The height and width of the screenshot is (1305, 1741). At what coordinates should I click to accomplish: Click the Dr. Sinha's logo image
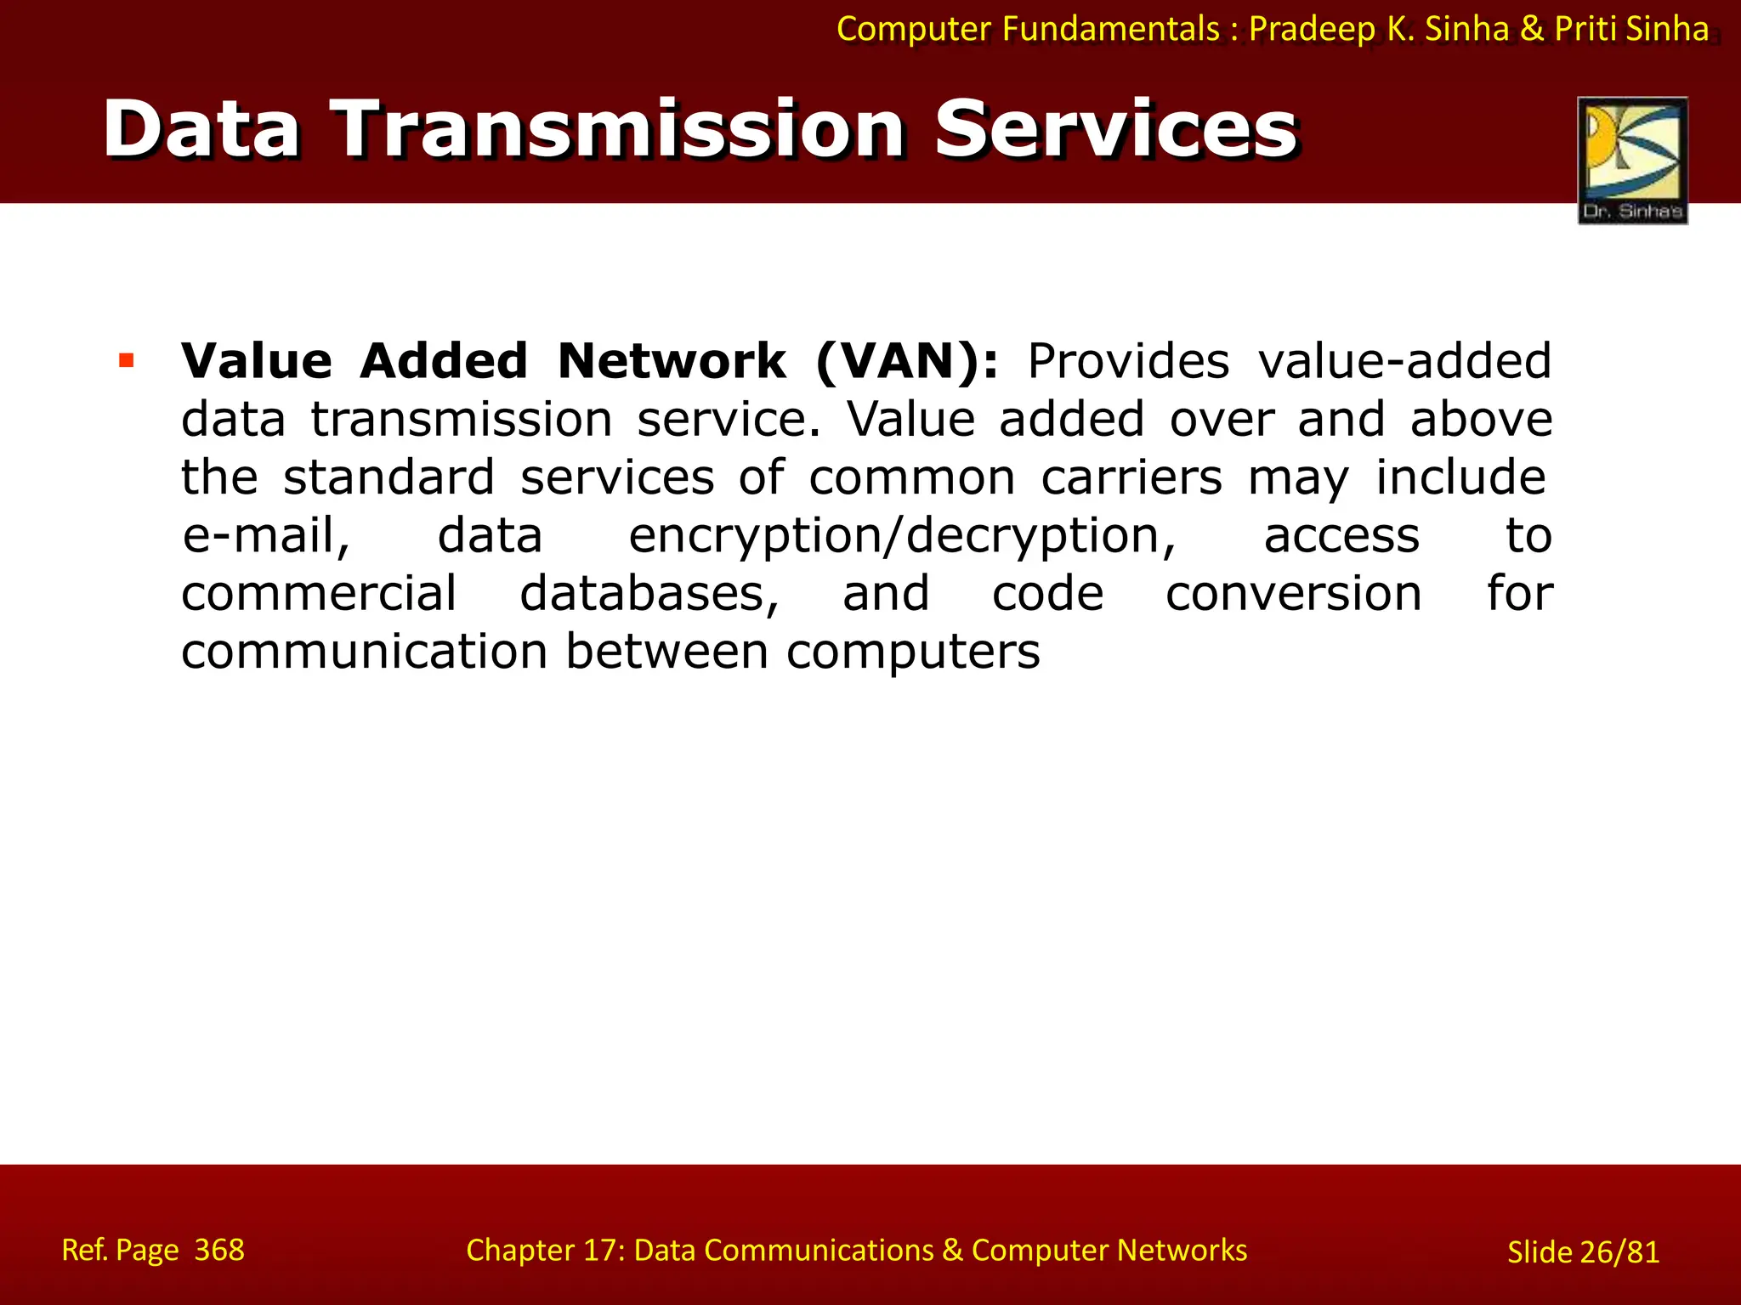pyautogui.click(x=1632, y=160)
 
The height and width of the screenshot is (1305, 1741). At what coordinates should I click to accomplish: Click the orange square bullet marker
pyautogui.click(x=127, y=360)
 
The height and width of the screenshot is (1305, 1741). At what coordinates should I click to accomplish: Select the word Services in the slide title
pyautogui.click(x=1115, y=129)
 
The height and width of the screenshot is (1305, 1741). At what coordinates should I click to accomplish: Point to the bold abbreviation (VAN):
pyautogui.click(x=906, y=362)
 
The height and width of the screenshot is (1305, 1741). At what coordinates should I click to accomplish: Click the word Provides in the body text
pyautogui.click(x=1128, y=362)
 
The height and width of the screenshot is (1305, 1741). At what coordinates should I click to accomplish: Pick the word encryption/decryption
pyautogui.click(x=902, y=537)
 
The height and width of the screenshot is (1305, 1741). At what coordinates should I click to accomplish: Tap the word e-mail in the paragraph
pyautogui.click(x=266, y=537)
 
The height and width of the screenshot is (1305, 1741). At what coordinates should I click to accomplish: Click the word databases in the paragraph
pyautogui.click(x=649, y=594)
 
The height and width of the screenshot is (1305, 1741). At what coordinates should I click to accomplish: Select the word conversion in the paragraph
pyautogui.click(x=1293, y=594)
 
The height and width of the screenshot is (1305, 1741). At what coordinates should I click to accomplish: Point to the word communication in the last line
pyautogui.click(x=364, y=652)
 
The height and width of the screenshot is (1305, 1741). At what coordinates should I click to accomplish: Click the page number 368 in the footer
pyautogui.click(x=219, y=1250)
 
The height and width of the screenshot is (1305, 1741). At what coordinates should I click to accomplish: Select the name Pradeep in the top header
pyautogui.click(x=1312, y=30)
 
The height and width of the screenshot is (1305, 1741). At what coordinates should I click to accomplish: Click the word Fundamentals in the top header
pyautogui.click(x=1111, y=30)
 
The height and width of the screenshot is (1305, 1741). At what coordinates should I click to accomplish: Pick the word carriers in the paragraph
pyautogui.click(x=1131, y=477)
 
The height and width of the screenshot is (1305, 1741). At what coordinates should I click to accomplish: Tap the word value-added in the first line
pyautogui.click(x=1404, y=362)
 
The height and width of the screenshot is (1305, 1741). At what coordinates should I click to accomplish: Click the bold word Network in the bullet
pyautogui.click(x=672, y=362)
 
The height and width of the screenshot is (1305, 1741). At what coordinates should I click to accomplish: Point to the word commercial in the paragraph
pyautogui.click(x=319, y=594)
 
